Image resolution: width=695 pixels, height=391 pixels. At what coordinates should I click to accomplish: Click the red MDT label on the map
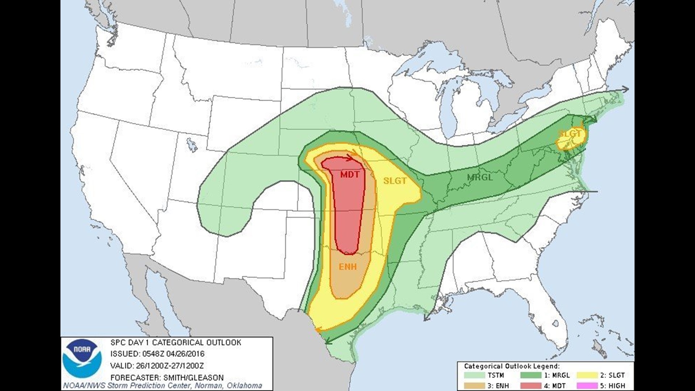(x=350, y=175)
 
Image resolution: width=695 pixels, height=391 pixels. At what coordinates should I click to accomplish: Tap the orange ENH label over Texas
(x=347, y=267)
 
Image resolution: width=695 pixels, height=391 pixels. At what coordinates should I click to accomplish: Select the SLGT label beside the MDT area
(x=395, y=181)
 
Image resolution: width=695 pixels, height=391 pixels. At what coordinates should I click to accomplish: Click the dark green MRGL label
(x=480, y=177)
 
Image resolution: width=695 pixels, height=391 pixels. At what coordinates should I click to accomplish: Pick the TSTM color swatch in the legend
(x=474, y=375)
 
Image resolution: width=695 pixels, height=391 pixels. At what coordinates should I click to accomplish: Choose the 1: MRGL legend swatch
(x=531, y=375)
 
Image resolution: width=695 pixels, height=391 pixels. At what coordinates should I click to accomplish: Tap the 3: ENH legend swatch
(x=474, y=386)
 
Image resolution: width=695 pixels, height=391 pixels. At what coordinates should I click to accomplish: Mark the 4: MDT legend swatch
(x=531, y=386)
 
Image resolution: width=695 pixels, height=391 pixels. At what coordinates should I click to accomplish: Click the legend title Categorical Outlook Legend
(x=512, y=366)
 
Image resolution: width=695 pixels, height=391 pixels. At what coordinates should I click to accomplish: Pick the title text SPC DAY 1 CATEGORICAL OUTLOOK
(x=176, y=342)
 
